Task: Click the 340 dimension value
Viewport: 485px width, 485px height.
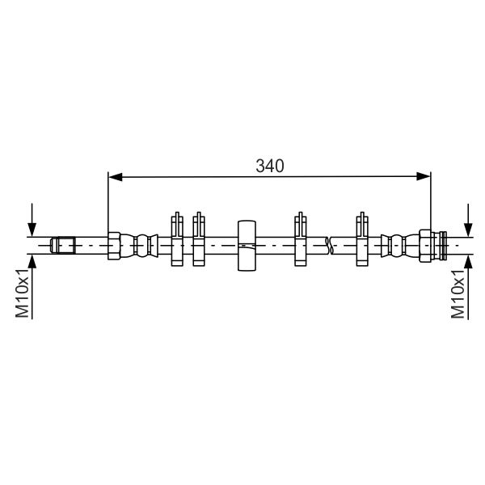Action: [x=269, y=166]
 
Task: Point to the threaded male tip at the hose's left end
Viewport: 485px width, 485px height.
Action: [x=63, y=244]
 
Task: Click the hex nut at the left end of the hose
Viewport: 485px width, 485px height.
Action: [x=114, y=244]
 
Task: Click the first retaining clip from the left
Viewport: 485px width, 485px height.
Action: [x=177, y=241]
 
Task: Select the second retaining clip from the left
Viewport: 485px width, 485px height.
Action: [x=199, y=241]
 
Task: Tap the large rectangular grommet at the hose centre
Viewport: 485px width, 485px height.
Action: [x=247, y=244]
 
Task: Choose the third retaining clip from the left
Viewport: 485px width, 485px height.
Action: [x=301, y=241]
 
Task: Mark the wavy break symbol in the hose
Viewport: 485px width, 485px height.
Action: [x=328, y=244]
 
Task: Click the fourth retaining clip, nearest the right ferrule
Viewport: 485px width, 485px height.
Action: [x=362, y=241]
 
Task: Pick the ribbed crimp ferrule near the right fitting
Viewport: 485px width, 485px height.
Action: [x=397, y=244]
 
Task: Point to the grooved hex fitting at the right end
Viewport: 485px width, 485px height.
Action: [x=431, y=244]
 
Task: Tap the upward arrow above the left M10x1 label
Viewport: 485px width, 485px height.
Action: [x=32, y=263]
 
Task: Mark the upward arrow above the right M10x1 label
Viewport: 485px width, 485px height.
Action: [x=466, y=263]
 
